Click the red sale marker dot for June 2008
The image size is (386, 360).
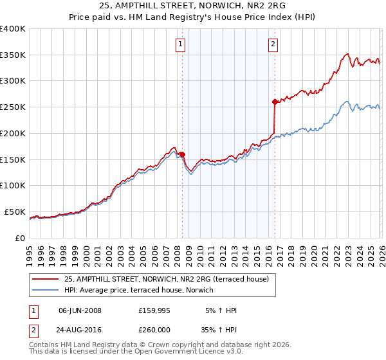pyautogui.click(x=182, y=154)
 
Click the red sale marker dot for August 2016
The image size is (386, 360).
pyautogui.click(x=275, y=102)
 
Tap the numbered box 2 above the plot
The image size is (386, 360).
pyautogui.click(x=273, y=44)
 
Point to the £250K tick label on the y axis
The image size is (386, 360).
pyautogui.click(x=13, y=107)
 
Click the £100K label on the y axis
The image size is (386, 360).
pyautogui.click(x=13, y=186)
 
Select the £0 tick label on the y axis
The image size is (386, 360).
pyautogui.click(x=19, y=238)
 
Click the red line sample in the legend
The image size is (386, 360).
pyautogui.click(x=46, y=279)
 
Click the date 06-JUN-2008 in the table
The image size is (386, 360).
pyautogui.click(x=80, y=310)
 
